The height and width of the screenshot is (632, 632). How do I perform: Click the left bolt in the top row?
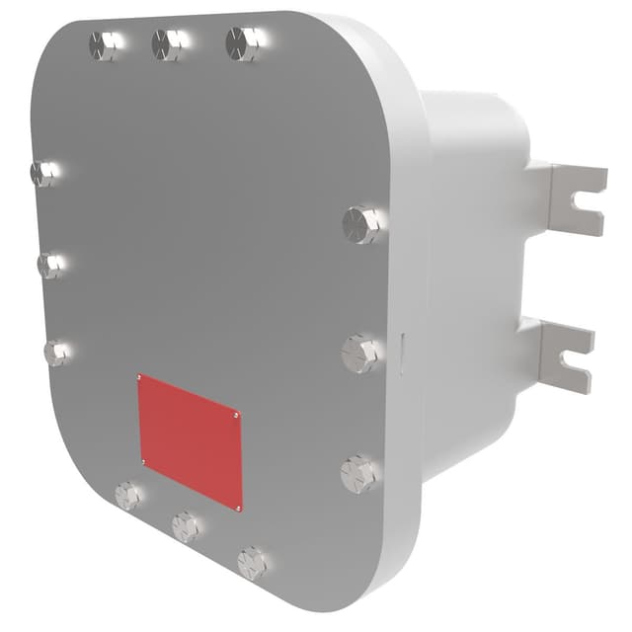pyautogui.click(x=104, y=44)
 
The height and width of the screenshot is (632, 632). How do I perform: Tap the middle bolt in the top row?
pyautogui.click(x=169, y=43)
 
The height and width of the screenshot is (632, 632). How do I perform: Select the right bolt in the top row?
pyautogui.click(x=243, y=43)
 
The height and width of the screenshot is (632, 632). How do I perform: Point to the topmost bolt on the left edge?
pyautogui.click(x=43, y=174)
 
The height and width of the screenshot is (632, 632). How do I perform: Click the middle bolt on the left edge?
pyautogui.click(x=49, y=265)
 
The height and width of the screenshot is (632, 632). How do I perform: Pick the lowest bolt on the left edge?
pyautogui.click(x=57, y=353)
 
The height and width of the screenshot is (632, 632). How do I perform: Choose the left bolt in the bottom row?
pyautogui.click(x=128, y=495)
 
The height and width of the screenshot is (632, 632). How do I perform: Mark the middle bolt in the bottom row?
pyautogui.click(x=186, y=526)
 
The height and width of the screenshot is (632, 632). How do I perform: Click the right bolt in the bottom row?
pyautogui.click(x=253, y=563)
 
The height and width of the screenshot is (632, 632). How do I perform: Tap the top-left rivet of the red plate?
pyautogui.click(x=141, y=378)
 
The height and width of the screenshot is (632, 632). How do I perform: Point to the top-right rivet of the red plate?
pyautogui.click(x=237, y=416)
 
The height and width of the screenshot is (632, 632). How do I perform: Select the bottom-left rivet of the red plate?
pyautogui.click(x=144, y=461)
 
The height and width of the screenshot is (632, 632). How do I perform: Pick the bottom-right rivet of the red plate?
pyautogui.click(x=239, y=507)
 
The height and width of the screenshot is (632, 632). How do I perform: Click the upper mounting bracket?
pyautogui.click(x=573, y=199)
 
